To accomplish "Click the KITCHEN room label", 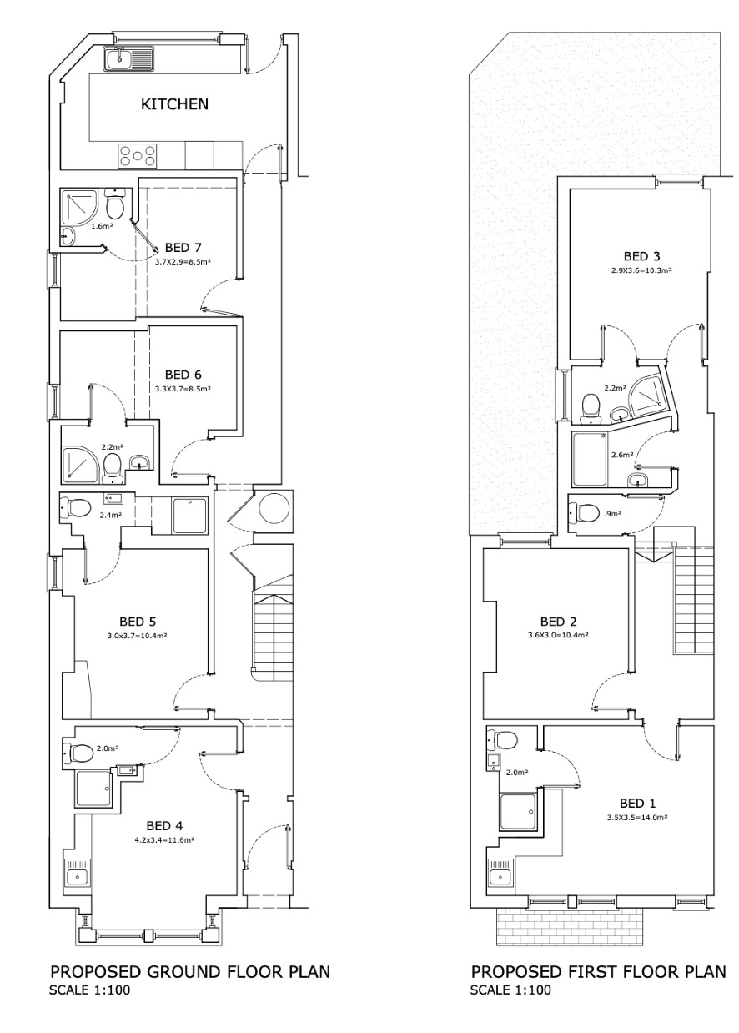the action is pyautogui.click(x=174, y=104).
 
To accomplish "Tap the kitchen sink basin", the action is pyautogui.click(x=120, y=58).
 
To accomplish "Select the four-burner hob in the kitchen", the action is pyautogui.click(x=138, y=155).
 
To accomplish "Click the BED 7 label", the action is pyautogui.click(x=183, y=248).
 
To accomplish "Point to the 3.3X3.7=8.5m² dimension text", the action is pyautogui.click(x=183, y=389).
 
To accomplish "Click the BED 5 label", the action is pyautogui.click(x=138, y=622).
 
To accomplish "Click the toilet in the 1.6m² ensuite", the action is pyautogui.click(x=114, y=204).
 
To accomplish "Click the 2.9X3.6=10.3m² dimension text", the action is pyautogui.click(x=641, y=270).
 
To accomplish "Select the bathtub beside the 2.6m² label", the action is pyautogui.click(x=590, y=459).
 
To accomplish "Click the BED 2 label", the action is pyautogui.click(x=558, y=622).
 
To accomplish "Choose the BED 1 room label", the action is pyautogui.click(x=637, y=804).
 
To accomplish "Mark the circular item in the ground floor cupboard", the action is pyautogui.click(x=274, y=507).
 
